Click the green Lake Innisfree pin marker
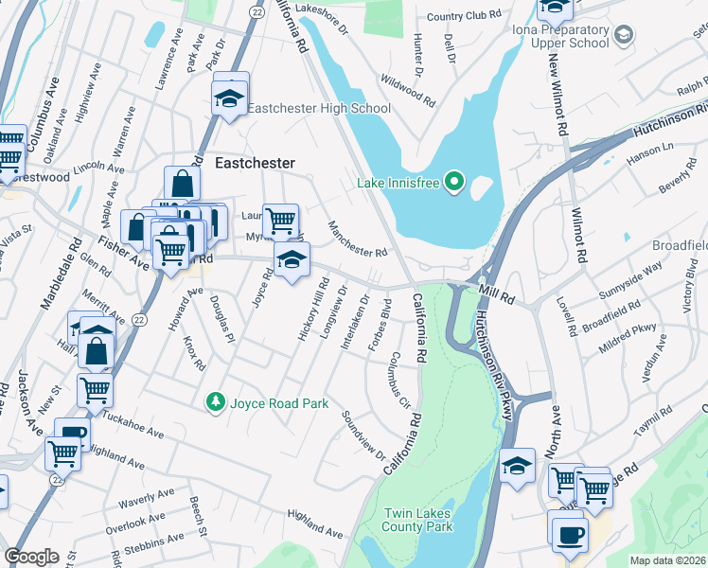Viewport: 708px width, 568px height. pos(454,181)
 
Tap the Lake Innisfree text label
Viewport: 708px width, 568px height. pos(399,182)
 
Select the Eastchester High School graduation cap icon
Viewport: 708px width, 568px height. pos(229,98)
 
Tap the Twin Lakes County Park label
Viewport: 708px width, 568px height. pos(417,520)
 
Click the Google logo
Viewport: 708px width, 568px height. pos(31,556)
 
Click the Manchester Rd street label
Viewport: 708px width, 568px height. pos(358,239)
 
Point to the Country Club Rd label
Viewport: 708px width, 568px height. pos(463,16)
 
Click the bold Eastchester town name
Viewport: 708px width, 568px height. pos(256,163)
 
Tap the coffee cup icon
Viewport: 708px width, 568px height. pos(570,533)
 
